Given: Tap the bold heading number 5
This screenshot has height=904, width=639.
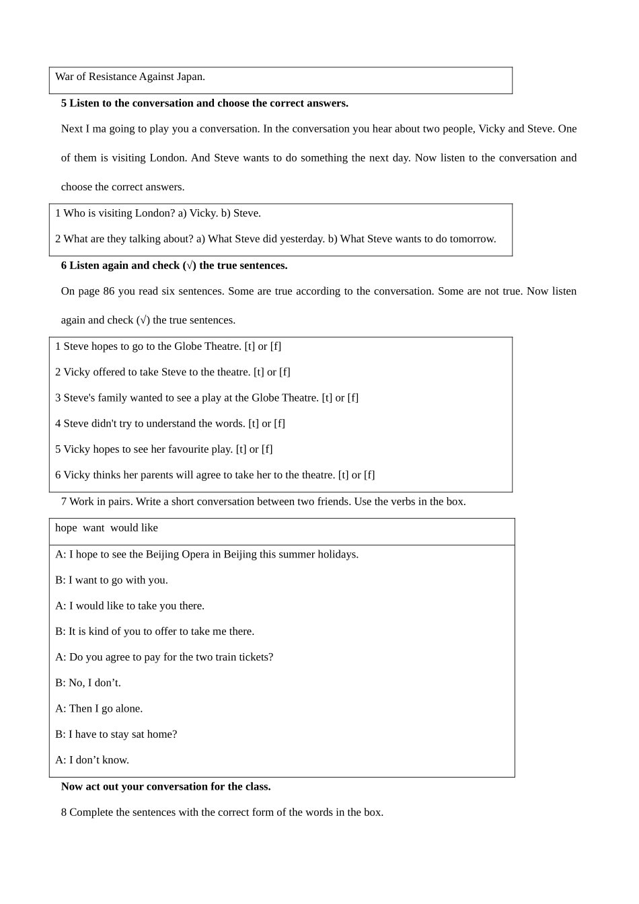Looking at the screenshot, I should tap(64, 103).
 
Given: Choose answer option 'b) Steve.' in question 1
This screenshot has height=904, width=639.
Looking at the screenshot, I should tap(241, 213).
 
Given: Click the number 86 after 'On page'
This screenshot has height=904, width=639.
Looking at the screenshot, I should tap(110, 291).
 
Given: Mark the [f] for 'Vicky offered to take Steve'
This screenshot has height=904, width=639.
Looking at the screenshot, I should tap(285, 372).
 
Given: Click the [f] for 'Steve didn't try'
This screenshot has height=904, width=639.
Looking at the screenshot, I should tap(279, 423).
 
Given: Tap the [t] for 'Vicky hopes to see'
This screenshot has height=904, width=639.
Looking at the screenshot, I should tap(241, 449).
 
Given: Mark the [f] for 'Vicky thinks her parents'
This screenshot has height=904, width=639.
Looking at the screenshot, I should tap(369, 475).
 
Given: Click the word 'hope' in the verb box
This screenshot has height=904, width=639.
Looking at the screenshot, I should tap(66, 528).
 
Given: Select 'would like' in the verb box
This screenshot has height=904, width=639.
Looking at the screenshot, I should tap(134, 528).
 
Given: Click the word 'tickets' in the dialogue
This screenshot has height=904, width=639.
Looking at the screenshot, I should tap(252, 657).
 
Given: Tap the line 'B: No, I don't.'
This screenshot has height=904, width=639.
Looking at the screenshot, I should tap(88, 683).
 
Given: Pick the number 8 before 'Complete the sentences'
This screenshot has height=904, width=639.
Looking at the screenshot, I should tap(64, 812).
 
